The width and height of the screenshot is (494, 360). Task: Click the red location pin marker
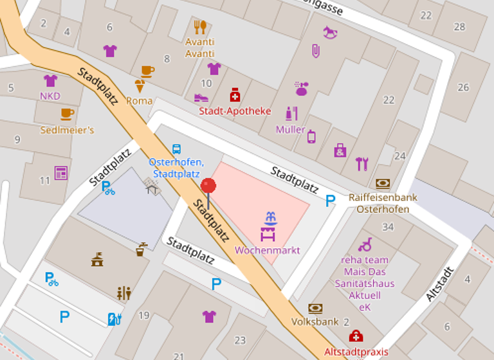pyautogui.click(x=208, y=187)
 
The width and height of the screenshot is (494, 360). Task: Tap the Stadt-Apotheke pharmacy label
pyautogui.click(x=235, y=111)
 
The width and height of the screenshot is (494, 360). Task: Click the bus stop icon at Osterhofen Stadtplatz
pyautogui.click(x=176, y=148)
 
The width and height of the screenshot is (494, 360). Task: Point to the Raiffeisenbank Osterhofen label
pyautogui.click(x=383, y=203)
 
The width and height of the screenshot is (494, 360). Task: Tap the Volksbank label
pyautogui.click(x=315, y=321)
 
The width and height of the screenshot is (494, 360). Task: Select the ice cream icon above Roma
pyautogui.click(x=140, y=86)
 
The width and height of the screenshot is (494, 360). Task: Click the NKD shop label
pyautogui.click(x=50, y=96)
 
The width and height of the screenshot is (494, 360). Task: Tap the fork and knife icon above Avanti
pyautogui.click(x=200, y=27)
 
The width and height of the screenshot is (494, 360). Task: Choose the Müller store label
pyautogui.click(x=291, y=129)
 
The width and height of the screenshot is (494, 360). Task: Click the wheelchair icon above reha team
pyautogui.click(x=365, y=245)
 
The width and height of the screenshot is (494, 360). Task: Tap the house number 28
pyautogui.click(x=459, y=26)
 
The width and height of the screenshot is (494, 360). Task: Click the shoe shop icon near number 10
pyautogui.click(x=201, y=98)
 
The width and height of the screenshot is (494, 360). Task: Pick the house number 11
pyautogui.click(x=44, y=181)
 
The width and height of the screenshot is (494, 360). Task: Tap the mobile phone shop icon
pyautogui.click(x=311, y=136)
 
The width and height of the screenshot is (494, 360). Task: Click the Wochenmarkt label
pyautogui.click(x=268, y=250)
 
